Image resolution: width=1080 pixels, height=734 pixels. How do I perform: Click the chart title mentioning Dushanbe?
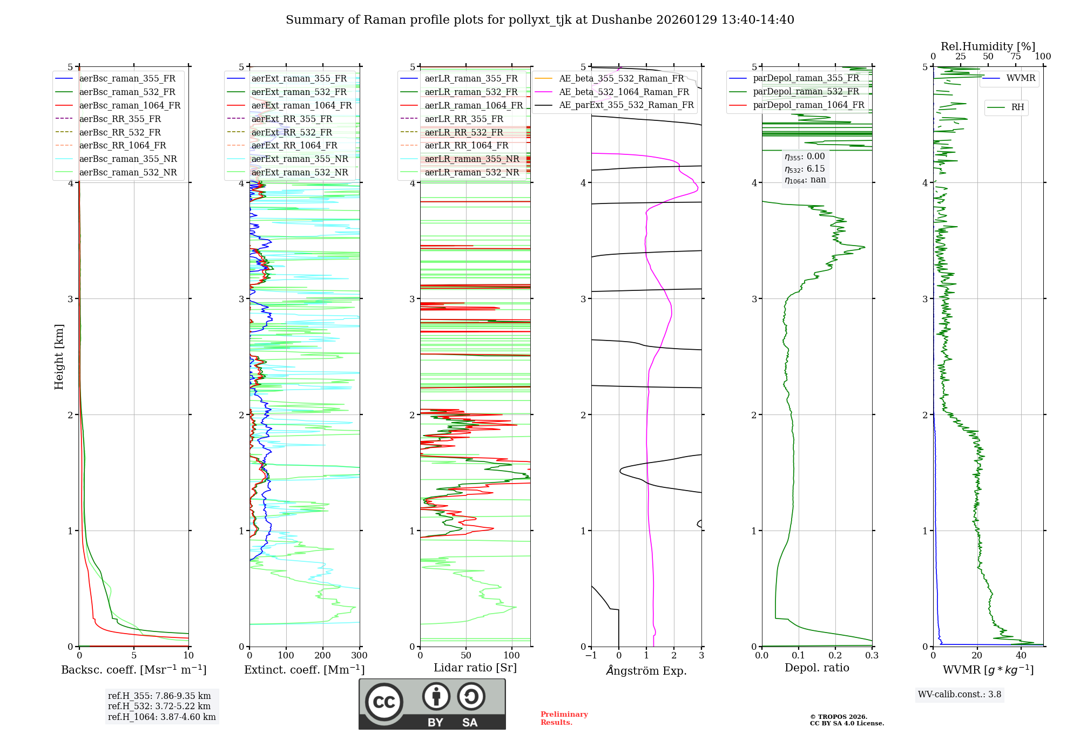[x=539, y=20]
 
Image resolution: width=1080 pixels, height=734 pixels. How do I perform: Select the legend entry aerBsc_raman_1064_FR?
[x=130, y=105]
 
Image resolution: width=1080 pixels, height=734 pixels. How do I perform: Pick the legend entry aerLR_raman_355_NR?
[x=471, y=159]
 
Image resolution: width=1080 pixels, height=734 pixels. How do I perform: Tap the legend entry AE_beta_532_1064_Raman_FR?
[x=624, y=92]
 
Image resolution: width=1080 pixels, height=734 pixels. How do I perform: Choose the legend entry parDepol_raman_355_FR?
[x=806, y=78]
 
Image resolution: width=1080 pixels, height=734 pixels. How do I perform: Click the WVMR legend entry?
[x=1021, y=78]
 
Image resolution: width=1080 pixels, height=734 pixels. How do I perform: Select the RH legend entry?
[x=1017, y=107]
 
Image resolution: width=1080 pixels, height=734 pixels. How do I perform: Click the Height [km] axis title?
[x=59, y=357]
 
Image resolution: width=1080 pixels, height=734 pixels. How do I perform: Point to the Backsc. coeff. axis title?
[x=134, y=670]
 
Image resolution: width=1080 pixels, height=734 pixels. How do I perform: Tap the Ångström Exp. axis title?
[x=646, y=671]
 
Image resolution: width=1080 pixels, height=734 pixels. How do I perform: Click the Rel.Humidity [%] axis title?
[x=988, y=46]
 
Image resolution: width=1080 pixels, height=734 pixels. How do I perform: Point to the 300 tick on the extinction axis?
[x=359, y=656]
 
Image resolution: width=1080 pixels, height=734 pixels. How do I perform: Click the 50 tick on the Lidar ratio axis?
[x=466, y=656]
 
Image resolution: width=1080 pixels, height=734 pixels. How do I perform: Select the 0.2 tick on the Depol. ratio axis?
[x=835, y=656]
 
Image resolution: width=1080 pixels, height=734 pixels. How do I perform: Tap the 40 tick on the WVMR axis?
[x=1021, y=656]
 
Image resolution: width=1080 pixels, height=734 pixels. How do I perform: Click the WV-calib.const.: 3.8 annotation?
[x=960, y=695]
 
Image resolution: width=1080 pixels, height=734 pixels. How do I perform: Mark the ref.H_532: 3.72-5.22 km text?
[x=159, y=706]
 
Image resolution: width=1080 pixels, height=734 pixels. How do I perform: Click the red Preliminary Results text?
[x=564, y=718]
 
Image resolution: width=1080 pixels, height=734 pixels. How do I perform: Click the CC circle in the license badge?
[x=384, y=702]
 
